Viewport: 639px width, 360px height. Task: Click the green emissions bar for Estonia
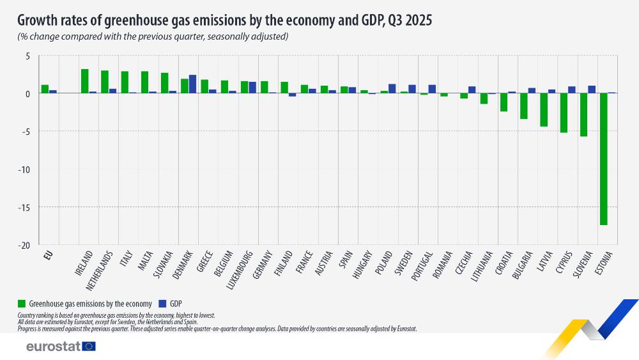pos(603,159)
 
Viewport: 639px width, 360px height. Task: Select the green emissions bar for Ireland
pos(84,81)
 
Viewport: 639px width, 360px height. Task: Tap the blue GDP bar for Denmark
pos(192,84)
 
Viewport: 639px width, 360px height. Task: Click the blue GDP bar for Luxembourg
pos(252,88)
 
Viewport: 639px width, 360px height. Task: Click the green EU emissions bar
pos(45,89)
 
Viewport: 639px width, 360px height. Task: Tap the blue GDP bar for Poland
pos(392,89)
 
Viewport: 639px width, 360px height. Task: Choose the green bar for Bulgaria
pos(524,106)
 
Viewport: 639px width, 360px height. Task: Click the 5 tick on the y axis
pos(27,56)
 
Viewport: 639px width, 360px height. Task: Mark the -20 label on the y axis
pos(23,245)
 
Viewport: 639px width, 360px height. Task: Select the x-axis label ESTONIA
pos(603,264)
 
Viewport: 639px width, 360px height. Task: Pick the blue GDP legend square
pos(162,303)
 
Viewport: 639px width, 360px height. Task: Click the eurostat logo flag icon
pos(89,347)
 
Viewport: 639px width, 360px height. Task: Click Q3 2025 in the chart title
pos(408,20)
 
